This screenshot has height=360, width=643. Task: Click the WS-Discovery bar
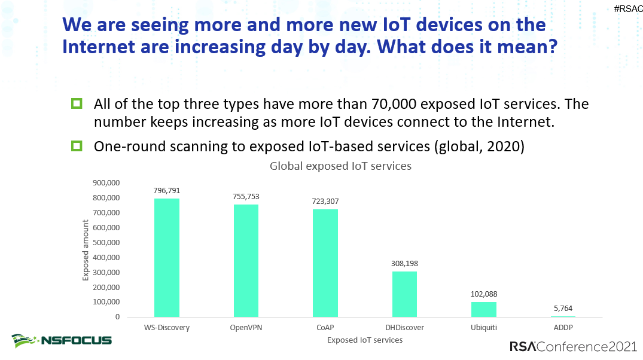pos(167,257)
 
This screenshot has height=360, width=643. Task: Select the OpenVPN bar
pos(246,260)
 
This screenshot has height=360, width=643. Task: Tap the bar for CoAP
pos(325,263)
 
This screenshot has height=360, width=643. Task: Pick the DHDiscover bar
pos(404,294)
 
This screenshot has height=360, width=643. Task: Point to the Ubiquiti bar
pos(483,309)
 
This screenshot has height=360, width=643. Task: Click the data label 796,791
pos(167,190)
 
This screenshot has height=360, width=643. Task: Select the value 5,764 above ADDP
pos(563,309)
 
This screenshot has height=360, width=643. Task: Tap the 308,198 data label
pos(404,263)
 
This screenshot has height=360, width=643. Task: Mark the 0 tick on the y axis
pos(118,317)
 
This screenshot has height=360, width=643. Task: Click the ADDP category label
pos(563,327)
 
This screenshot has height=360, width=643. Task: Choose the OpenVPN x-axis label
pos(246,327)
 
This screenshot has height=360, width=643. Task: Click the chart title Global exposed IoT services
pos(340,166)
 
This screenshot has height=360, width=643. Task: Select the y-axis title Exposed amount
pos(86,250)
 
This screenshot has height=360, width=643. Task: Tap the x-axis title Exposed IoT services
pos(364,340)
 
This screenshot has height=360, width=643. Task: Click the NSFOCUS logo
pos(62,340)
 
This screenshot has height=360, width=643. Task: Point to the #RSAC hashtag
pos(627,9)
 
